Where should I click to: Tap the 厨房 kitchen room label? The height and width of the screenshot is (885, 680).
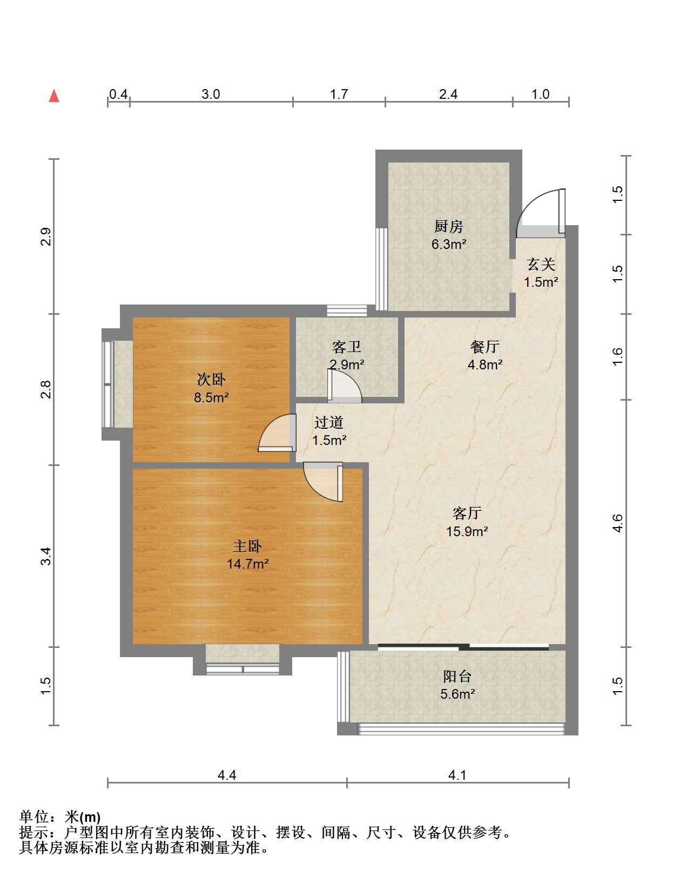tap(449, 226)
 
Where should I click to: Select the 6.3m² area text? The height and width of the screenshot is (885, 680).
tap(449, 245)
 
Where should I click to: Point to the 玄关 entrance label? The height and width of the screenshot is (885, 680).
tap(541, 265)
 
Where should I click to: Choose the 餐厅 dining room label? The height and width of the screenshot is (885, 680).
tap(485, 347)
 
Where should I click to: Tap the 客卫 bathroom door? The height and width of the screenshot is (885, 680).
tap(345, 386)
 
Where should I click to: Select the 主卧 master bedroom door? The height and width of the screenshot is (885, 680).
tap(324, 482)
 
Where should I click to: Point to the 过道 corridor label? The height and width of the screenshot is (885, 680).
tap(329, 422)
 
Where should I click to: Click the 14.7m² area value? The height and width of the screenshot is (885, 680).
tap(247, 564)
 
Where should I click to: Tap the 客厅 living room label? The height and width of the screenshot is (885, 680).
tap(467, 513)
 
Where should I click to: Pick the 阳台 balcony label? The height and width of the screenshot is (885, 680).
tap(457, 677)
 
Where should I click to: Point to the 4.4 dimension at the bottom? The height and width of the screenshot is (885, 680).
tap(227, 775)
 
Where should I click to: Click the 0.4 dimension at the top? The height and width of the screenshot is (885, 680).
tap(118, 94)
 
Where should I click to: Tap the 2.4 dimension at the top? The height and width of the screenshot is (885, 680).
tap(448, 94)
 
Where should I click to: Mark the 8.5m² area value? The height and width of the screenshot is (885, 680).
tap(211, 397)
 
